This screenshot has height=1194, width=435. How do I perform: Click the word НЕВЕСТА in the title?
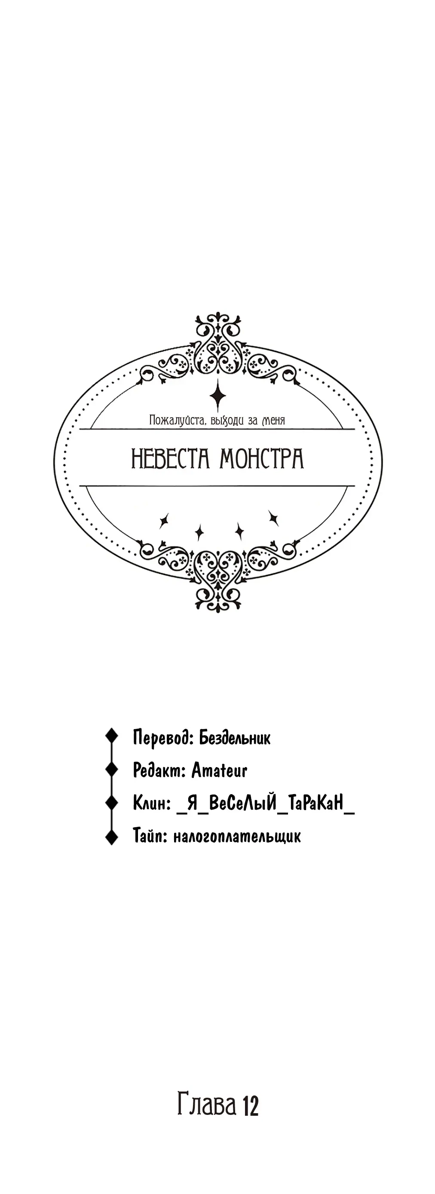171,458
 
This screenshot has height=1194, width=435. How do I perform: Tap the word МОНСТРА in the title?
262,458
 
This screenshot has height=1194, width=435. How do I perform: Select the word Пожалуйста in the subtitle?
177,421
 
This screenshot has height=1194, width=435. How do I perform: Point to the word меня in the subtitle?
273,421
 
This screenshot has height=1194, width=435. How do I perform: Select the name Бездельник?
235,737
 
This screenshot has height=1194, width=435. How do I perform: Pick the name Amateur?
220,770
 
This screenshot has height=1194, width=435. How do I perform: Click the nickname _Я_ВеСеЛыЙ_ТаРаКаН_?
266,803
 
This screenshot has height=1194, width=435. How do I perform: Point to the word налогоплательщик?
237,837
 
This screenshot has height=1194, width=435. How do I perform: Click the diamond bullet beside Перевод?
111,736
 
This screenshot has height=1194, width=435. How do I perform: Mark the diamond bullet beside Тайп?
111,837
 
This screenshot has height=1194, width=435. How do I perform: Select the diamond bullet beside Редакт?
111,769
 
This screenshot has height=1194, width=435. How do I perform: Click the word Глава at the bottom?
207,1105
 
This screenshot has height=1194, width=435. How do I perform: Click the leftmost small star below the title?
163,521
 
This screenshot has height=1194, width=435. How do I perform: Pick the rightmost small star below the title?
273,517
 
